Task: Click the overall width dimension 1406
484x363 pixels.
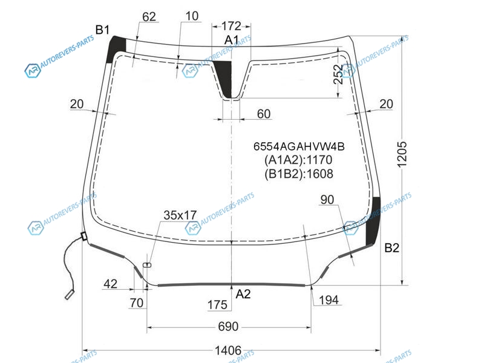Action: tap(228, 350)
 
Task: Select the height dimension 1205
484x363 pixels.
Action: tap(402, 154)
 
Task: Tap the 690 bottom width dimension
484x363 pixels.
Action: tap(228, 326)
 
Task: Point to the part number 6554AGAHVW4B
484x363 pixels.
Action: tap(299, 146)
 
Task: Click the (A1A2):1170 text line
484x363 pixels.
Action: tap(298, 160)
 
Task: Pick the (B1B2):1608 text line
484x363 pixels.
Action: tap(299, 174)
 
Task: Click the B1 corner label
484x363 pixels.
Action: tap(102, 30)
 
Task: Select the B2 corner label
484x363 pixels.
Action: tap(391, 247)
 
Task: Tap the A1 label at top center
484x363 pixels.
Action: tap(232, 40)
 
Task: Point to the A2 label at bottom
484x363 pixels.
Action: tap(243, 294)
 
